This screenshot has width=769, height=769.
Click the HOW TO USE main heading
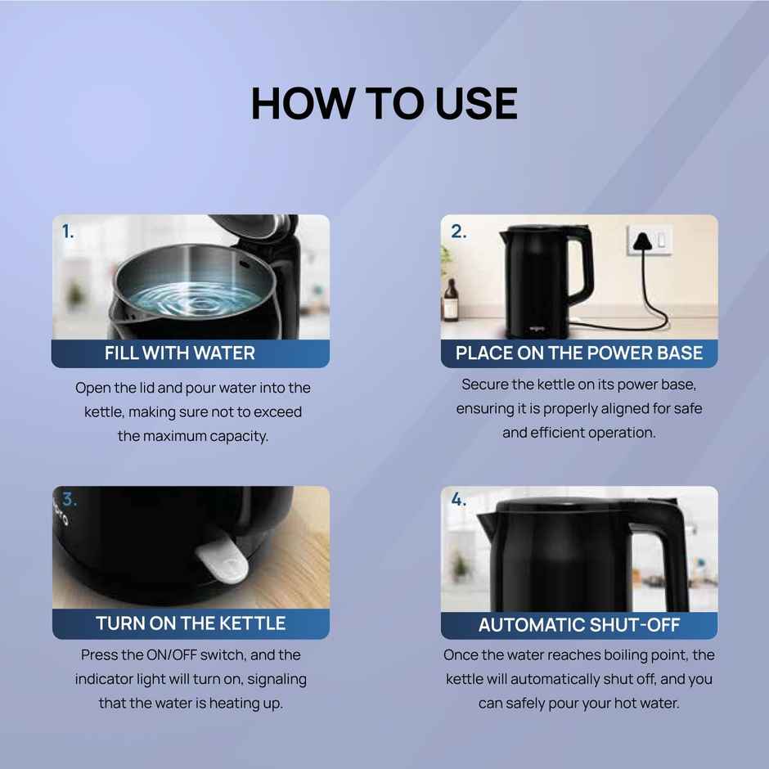click(384, 103)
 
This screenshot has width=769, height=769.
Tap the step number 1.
click(68, 232)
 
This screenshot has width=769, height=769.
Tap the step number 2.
click(458, 232)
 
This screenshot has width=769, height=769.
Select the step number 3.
click(70, 500)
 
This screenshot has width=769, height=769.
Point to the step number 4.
click(458, 500)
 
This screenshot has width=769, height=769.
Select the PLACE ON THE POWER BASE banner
click(578, 353)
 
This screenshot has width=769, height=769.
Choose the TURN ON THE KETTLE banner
click(191, 623)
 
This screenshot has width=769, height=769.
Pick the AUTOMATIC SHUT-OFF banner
click(578, 626)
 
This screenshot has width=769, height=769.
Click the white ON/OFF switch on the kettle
click(221, 562)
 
